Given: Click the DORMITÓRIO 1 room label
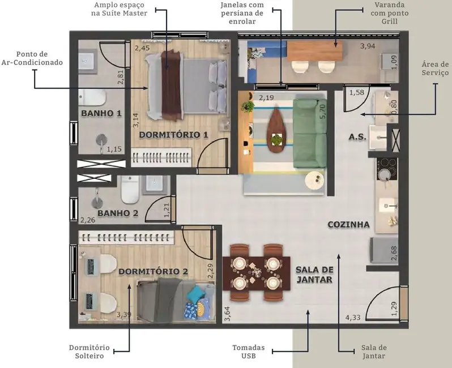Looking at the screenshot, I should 174,135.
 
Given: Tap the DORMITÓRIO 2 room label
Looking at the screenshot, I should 153,272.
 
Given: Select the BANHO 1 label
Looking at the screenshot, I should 101,113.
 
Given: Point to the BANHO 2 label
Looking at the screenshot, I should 118,213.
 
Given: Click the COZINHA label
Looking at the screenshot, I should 348,225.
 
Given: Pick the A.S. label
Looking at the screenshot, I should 357,138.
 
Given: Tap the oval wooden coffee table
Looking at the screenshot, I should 276,131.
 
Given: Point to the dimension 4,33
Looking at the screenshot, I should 353,318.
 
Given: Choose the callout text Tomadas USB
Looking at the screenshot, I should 248,352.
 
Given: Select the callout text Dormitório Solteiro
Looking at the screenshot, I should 89,352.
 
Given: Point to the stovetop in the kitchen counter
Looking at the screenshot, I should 388,165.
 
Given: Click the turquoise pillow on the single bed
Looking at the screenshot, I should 196,294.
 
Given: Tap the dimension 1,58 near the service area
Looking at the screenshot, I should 357,93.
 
